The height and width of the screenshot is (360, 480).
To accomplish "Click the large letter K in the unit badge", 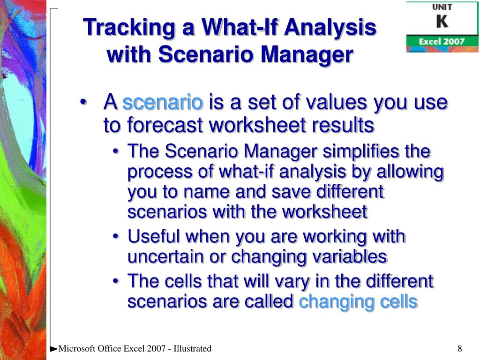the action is coord(442,22).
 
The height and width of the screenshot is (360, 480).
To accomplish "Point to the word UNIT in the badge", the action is coord(442,7).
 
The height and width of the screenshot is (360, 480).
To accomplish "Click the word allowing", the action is coord(410,172).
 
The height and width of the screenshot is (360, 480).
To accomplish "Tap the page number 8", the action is coord(460,348).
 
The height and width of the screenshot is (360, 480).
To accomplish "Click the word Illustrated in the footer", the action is coord(192,348).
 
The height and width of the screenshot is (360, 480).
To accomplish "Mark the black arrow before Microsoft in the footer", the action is coord(53,349).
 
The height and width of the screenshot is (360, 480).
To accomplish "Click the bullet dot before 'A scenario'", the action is coord(82,103).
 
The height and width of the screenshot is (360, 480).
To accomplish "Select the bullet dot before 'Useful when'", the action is coord(115,237).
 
